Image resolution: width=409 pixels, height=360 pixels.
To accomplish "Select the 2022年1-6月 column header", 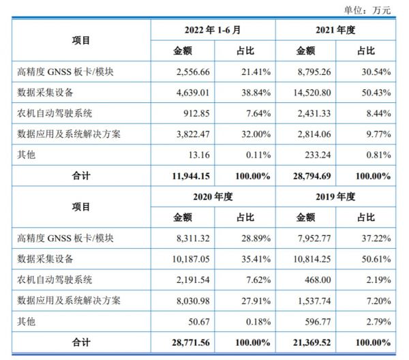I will (x=213, y=31).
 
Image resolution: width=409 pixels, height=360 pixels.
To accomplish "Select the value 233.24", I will (x=317, y=154).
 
